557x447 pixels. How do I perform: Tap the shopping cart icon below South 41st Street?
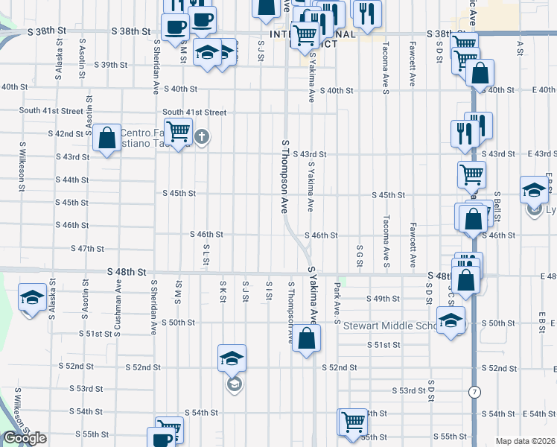(x=178, y=133)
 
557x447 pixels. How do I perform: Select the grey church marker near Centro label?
(x=202, y=136)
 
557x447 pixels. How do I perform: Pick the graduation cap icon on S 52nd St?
(x=232, y=359)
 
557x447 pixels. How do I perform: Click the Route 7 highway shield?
(x=474, y=391)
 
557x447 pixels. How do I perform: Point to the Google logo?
(x=25, y=439)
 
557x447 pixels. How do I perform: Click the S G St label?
(x=359, y=256)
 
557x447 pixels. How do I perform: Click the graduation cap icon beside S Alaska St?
(x=32, y=299)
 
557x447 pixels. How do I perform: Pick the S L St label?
(x=205, y=255)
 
